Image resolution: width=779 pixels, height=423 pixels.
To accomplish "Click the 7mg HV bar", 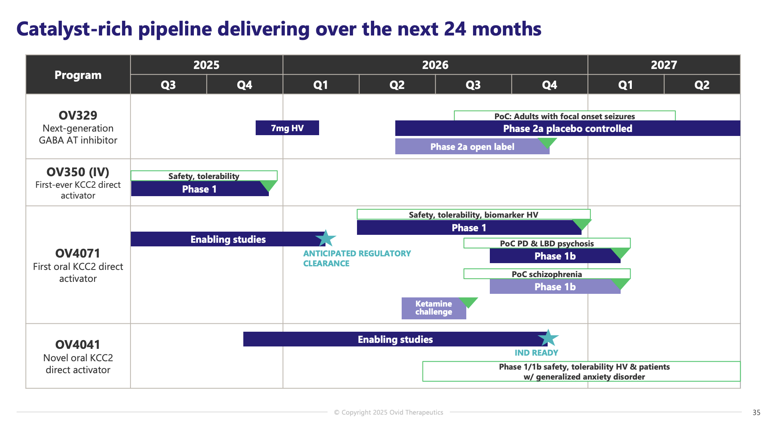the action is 287,128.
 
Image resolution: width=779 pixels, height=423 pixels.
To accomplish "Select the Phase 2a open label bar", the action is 472,146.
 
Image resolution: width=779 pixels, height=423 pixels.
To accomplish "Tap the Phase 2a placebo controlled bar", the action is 568,128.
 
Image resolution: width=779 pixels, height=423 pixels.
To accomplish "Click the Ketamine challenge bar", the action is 434,308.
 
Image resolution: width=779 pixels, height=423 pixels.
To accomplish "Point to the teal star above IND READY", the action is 548,338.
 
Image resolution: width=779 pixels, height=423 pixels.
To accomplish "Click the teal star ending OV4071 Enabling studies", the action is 326,238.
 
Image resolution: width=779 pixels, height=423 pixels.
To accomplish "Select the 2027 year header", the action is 664,65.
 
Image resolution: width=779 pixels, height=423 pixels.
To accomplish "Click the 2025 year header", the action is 207,65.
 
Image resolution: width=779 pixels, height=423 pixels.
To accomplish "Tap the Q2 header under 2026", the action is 397,85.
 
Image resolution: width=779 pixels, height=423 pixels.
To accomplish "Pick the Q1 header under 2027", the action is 626,85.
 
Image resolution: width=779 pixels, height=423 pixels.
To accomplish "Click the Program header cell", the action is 78,75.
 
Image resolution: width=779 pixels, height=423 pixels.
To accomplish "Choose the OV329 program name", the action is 78,115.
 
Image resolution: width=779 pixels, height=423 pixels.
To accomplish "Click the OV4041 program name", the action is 78,344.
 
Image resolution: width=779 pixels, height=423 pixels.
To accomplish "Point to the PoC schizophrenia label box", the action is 547,274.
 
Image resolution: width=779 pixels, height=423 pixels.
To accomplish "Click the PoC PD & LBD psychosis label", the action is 547,243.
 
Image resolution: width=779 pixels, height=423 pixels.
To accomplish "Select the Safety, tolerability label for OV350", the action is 204,176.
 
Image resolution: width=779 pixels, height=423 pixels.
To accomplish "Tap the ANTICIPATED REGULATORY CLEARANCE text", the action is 357,258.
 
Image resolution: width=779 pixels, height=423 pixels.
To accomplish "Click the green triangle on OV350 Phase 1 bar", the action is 269,185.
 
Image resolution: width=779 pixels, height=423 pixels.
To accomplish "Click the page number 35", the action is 756,413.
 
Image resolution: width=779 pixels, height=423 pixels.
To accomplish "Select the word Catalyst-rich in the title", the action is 74,29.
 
